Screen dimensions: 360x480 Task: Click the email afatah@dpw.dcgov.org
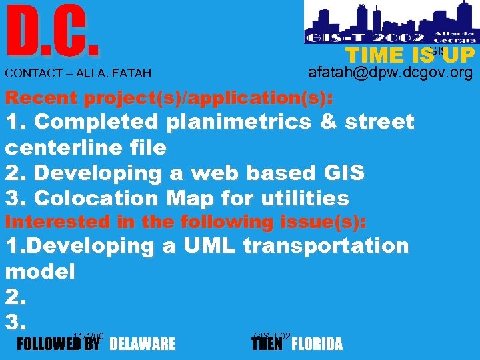click(x=391, y=72)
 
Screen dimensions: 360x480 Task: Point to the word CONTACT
click(x=29, y=73)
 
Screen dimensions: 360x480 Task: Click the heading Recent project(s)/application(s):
click(x=169, y=98)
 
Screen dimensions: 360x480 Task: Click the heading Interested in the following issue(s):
click(x=185, y=221)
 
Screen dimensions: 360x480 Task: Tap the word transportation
click(x=326, y=245)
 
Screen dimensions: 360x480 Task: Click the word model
click(x=40, y=271)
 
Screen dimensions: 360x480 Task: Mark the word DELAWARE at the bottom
click(x=142, y=344)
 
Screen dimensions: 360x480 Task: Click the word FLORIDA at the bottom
click(x=317, y=344)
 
